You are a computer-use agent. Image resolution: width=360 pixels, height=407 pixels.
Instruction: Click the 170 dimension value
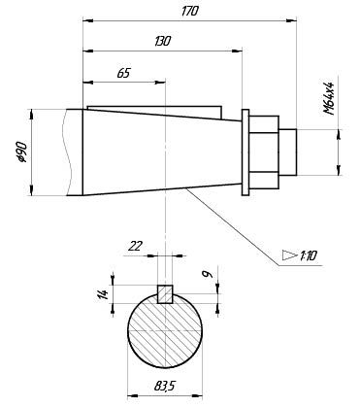189,12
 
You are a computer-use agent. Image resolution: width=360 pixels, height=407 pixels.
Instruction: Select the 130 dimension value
162,41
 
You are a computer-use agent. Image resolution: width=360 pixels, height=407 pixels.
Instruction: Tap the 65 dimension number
123,73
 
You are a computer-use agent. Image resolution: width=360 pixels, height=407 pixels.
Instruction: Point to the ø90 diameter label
23,152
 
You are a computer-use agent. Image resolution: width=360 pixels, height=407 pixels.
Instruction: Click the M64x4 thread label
329,98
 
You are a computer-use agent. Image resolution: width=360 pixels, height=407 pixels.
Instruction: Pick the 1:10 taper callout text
308,256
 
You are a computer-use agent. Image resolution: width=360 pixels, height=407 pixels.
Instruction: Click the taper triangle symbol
289,254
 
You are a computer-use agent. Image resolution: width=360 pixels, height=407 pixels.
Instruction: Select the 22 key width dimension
135,247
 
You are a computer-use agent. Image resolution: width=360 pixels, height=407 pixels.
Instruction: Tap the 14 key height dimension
104,294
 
